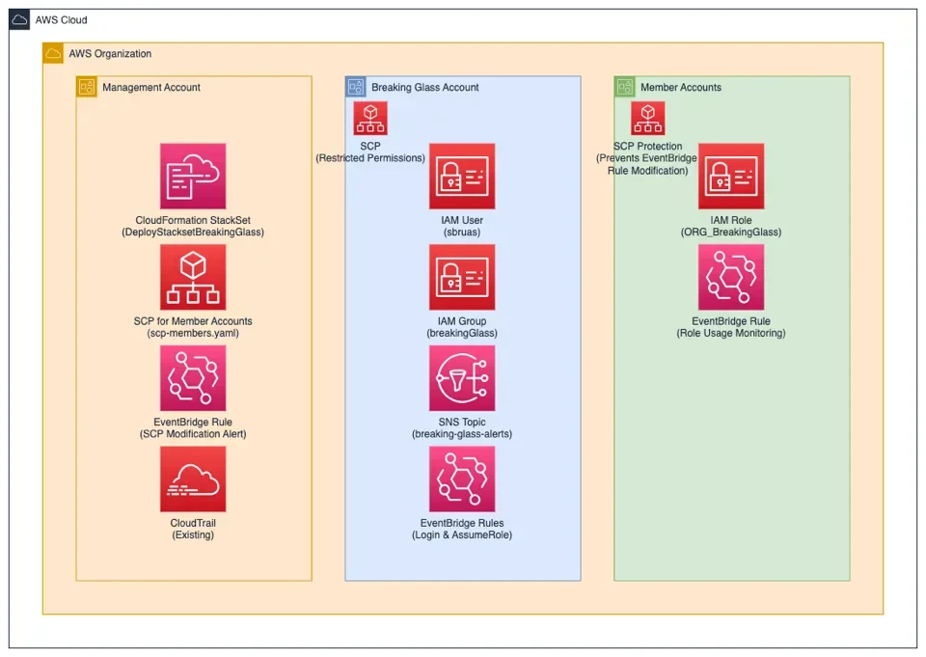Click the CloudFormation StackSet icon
click(x=193, y=177)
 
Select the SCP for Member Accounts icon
click(x=193, y=277)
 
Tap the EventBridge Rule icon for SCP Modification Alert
click(x=193, y=378)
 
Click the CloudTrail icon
click(x=193, y=479)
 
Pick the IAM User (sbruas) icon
click(x=462, y=177)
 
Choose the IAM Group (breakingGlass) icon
click(x=462, y=277)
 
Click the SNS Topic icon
click(x=462, y=378)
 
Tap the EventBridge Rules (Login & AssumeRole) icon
click(x=462, y=479)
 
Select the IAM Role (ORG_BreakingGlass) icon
click(x=731, y=177)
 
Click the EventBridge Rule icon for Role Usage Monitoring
click(x=731, y=277)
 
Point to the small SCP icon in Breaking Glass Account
click(x=370, y=119)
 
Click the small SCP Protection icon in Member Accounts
click(x=647, y=119)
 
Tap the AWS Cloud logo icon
click(x=20, y=20)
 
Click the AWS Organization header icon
click(x=54, y=54)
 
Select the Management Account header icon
click(x=87, y=88)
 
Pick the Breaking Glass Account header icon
click(x=356, y=88)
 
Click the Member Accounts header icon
click(x=625, y=88)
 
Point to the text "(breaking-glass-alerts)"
click(x=462, y=434)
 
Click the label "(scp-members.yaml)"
click(x=193, y=333)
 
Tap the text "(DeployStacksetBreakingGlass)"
click(x=193, y=233)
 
